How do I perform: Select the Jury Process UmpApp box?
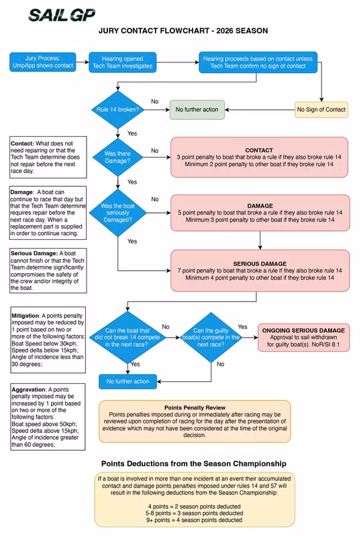[x=42, y=63]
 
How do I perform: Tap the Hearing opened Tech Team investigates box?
[x=127, y=63]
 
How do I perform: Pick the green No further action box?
[x=197, y=109]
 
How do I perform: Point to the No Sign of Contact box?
[x=321, y=109]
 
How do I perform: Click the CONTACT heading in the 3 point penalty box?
[x=259, y=150]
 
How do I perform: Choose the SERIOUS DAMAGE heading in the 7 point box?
[x=259, y=264]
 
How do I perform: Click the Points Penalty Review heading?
[x=194, y=407]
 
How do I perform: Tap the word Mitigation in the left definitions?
[x=25, y=314]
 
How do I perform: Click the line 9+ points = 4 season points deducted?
[x=194, y=520]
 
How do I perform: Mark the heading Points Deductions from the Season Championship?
[x=194, y=464]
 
